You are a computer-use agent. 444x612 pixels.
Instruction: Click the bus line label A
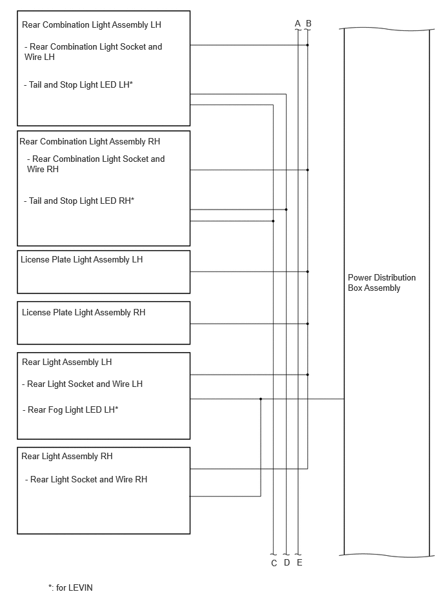click(298, 23)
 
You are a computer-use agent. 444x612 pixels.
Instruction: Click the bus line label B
click(308, 23)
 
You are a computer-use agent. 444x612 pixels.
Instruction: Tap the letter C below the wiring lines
click(274, 563)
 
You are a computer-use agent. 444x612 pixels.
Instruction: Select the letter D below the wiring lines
click(287, 562)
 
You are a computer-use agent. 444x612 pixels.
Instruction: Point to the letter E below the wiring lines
click(299, 562)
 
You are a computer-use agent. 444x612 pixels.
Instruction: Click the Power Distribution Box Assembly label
click(381, 282)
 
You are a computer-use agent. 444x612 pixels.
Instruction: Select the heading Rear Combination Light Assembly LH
click(92, 25)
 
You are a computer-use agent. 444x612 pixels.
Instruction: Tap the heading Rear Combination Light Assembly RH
click(90, 142)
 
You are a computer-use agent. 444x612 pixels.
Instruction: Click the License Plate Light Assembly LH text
click(81, 259)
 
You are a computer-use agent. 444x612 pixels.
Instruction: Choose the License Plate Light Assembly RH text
click(83, 313)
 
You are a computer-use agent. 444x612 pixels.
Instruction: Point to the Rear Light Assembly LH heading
click(66, 362)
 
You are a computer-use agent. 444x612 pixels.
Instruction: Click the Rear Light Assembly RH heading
click(66, 457)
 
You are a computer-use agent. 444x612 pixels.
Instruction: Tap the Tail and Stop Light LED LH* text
click(79, 84)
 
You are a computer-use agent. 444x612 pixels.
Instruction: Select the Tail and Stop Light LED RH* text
click(79, 201)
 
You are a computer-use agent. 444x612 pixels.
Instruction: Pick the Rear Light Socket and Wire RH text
click(86, 479)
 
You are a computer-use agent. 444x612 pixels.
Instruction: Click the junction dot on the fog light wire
click(261, 399)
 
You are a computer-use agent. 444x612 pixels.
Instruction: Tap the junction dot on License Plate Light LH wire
click(308, 271)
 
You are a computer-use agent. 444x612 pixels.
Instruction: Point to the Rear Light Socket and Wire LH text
click(83, 384)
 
